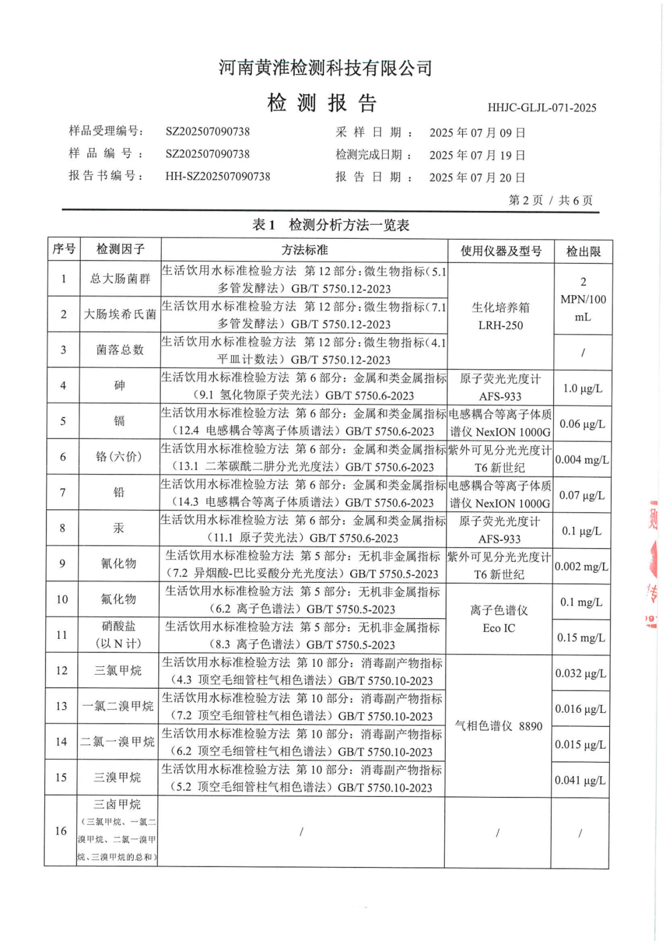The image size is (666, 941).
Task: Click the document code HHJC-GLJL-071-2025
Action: click(x=541, y=108)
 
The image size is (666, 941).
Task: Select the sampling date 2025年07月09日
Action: click(x=477, y=132)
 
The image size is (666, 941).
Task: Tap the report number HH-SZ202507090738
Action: click(x=218, y=176)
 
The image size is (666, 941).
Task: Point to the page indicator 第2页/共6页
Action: click(x=550, y=200)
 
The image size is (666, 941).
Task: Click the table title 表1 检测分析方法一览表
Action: click(x=331, y=225)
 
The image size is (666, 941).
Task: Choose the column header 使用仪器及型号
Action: click(x=501, y=251)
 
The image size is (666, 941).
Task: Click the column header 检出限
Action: click(x=583, y=252)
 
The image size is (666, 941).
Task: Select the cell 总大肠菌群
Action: click(x=120, y=279)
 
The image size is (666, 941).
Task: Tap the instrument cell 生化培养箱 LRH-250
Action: click(x=501, y=316)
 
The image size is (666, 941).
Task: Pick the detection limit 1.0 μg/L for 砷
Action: click(x=582, y=388)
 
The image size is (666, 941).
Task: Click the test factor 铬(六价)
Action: click(x=119, y=456)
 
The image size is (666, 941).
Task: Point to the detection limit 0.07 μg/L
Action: click(x=581, y=495)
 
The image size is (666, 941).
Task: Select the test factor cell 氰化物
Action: click(x=118, y=563)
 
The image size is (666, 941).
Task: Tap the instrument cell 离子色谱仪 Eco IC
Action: click(x=499, y=619)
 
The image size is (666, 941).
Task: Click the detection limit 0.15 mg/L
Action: click(x=581, y=638)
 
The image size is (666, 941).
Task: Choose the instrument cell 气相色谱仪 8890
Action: click(x=498, y=726)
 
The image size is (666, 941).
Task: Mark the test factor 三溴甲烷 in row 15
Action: click(x=118, y=778)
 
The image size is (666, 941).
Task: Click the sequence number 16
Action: click(x=61, y=830)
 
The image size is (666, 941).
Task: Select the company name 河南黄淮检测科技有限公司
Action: click(x=325, y=68)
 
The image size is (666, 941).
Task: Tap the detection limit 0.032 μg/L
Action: click(x=580, y=673)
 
